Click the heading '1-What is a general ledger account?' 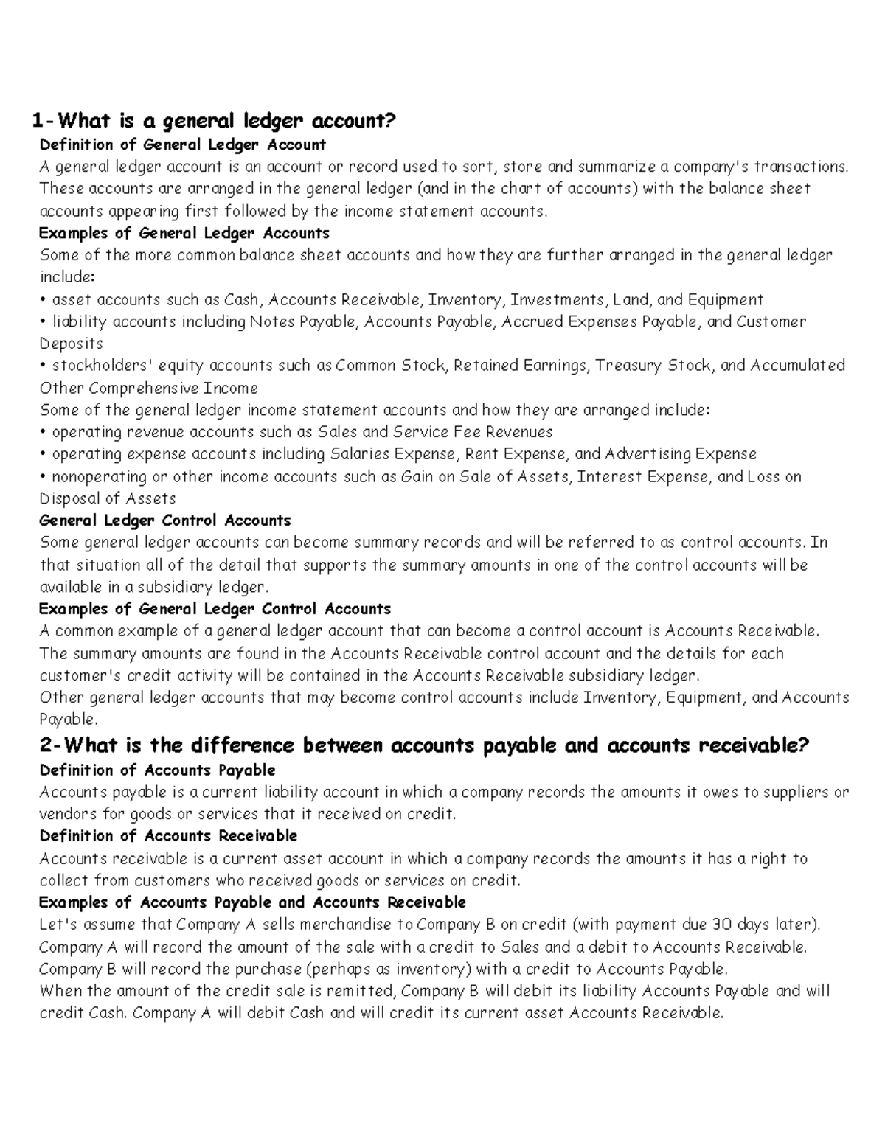pyautogui.click(x=213, y=120)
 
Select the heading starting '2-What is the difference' pyautogui.click(x=424, y=745)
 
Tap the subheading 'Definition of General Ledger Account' pyautogui.click(x=182, y=145)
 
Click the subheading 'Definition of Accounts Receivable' pyautogui.click(x=168, y=836)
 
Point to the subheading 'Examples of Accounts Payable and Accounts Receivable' pyautogui.click(x=252, y=902)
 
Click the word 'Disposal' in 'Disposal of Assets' pyautogui.click(x=71, y=499)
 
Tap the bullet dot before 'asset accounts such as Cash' pyautogui.click(x=44, y=300)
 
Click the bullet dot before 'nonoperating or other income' pyautogui.click(x=44, y=477)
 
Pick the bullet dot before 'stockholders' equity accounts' pyautogui.click(x=44, y=366)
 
